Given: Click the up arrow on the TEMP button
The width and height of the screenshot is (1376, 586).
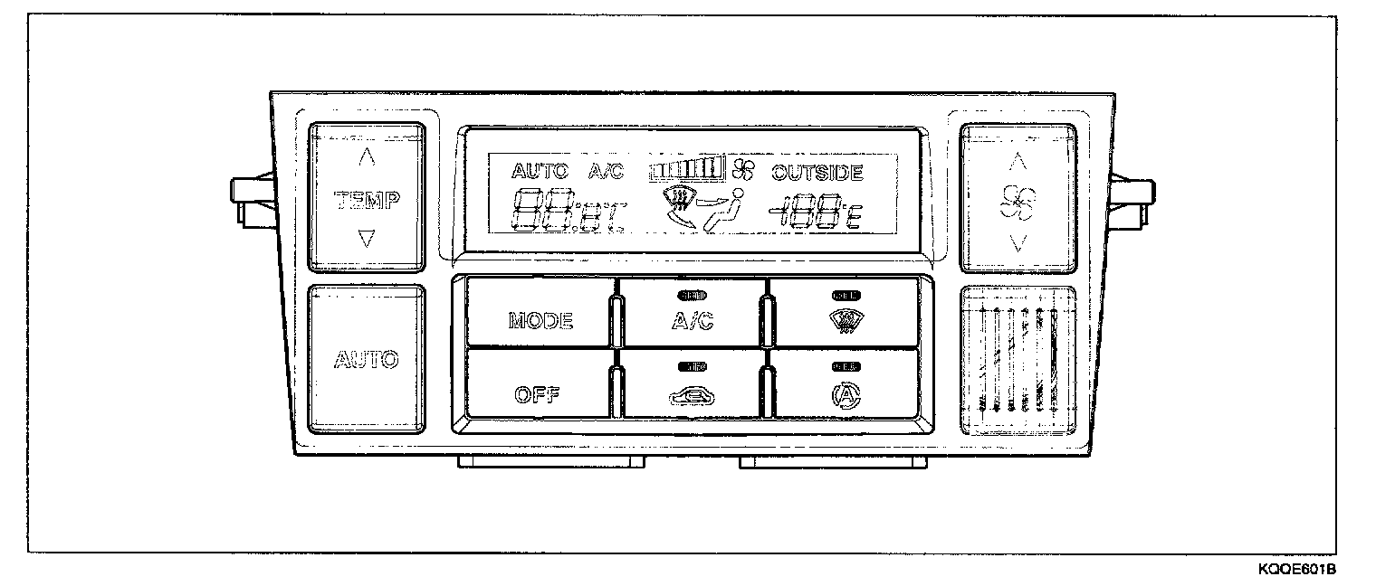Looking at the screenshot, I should [x=367, y=157].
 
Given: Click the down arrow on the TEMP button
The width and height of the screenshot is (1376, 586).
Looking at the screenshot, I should [x=367, y=239].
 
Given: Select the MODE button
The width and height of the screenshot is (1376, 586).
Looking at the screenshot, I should [x=540, y=320].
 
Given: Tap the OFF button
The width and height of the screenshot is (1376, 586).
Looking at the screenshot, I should [x=537, y=394].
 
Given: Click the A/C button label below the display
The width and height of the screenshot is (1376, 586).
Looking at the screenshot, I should [x=693, y=321].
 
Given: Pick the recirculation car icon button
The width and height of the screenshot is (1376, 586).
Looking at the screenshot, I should [x=692, y=393].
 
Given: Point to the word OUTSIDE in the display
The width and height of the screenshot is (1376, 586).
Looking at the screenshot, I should [x=817, y=172].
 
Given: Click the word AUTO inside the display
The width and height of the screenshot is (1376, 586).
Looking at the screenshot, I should [x=540, y=171].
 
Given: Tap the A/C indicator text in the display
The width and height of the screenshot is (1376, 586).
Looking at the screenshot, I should [x=606, y=171].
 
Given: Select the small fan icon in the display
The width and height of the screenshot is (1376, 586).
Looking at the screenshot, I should [x=743, y=169].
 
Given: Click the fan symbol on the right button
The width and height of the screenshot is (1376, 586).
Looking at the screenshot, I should [x=1018, y=202].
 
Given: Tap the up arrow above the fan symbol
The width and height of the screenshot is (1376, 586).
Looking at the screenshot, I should [x=1018, y=162].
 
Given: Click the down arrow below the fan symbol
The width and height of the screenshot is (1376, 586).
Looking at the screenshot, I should [x=1018, y=241].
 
